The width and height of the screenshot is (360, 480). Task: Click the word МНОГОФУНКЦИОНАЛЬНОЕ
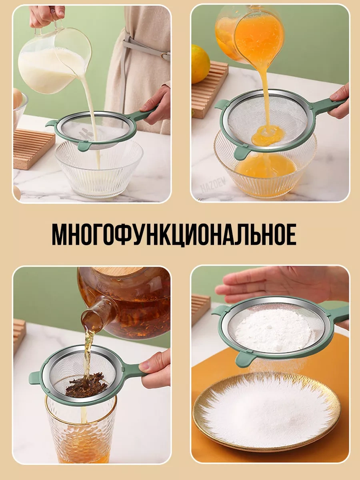(x=174, y=234)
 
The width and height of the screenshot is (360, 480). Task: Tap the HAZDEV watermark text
(x=213, y=185)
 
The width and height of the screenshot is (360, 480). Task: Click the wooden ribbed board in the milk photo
(x=34, y=149)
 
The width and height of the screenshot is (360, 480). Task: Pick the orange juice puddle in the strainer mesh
(x=268, y=136)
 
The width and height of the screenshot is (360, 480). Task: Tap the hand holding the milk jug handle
(x=46, y=16)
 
